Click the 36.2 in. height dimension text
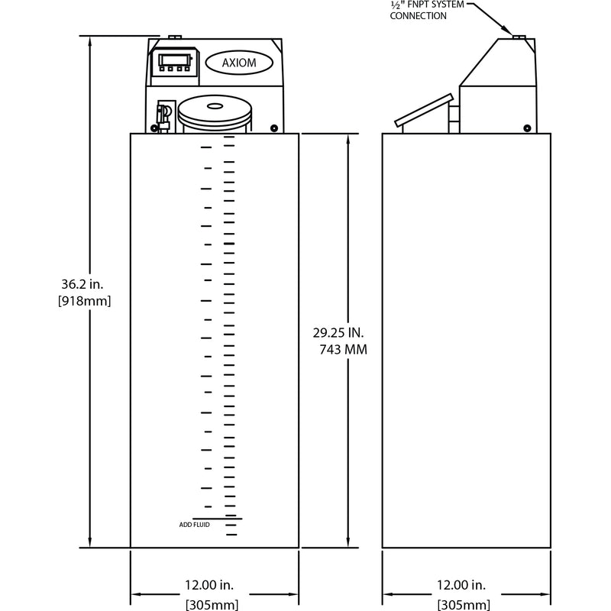pyautogui.click(x=85, y=285)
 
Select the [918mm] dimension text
pyautogui.click(x=85, y=301)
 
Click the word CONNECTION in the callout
pyautogui.click(x=417, y=16)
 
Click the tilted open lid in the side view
pyautogui.click(x=423, y=111)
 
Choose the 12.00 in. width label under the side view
pyautogui.click(x=460, y=585)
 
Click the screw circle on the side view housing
pyautogui.click(x=528, y=128)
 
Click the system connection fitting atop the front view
pyautogui.click(x=173, y=36)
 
